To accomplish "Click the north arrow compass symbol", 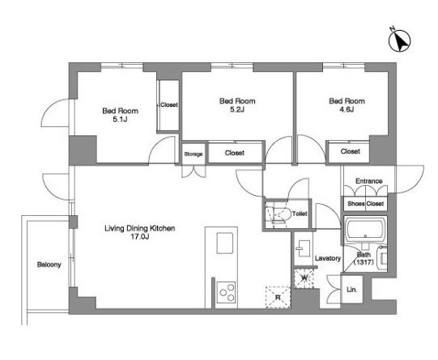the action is tap(399, 40).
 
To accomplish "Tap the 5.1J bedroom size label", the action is tap(120, 120).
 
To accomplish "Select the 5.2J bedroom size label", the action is tap(237, 110).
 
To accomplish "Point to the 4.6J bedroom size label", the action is tap(347, 109).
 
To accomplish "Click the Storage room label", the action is tap(193, 154).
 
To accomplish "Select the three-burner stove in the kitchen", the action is tap(226, 292).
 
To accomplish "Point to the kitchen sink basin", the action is tap(225, 243).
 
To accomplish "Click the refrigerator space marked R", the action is tap(278, 297).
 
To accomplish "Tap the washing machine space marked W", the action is tap(304, 278).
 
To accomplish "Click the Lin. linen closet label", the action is tap(351, 290).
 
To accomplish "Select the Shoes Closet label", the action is tap(365, 204).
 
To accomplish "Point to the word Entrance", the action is tap(368, 181).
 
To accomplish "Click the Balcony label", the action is tap(49, 265).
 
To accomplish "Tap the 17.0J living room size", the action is tap(140, 237).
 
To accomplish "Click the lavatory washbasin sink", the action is tap(304, 248).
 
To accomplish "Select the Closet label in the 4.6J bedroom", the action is tap(351, 151).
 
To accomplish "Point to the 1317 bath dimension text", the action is tap(364, 262).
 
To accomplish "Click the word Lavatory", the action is tap(328, 258).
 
